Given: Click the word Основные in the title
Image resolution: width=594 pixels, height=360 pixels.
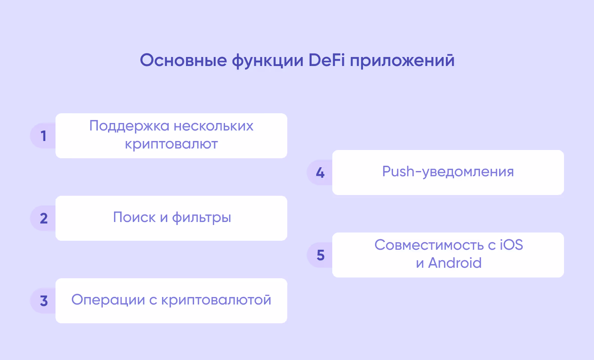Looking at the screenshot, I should click(x=183, y=60).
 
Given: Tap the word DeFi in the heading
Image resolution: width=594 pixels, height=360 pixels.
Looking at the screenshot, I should click(x=326, y=60).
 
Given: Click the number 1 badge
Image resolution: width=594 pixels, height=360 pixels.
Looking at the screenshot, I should click(x=43, y=136).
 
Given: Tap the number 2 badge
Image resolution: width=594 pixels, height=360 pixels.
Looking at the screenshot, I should click(x=43, y=218).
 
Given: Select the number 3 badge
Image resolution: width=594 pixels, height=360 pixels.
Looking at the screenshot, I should click(x=43, y=301).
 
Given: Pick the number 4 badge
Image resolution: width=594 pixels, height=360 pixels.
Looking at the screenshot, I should click(x=320, y=172).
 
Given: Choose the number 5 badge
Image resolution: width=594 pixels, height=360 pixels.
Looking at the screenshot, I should click(x=320, y=255).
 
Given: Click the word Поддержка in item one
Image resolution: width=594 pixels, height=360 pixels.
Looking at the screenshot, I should click(x=129, y=126).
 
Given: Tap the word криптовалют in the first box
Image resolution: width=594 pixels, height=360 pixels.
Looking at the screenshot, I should click(x=171, y=144).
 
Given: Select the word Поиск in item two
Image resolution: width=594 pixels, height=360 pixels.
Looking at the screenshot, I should click(x=134, y=217).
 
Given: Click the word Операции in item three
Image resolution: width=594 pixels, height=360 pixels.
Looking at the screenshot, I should click(x=108, y=300).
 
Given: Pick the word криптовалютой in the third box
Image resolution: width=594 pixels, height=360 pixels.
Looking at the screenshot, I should click(x=216, y=300).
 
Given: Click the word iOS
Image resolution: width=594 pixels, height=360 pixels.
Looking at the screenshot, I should click(x=511, y=245).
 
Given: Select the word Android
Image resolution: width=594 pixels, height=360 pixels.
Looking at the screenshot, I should click(x=455, y=263).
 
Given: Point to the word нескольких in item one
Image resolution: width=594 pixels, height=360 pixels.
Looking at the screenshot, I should click(x=213, y=126).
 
